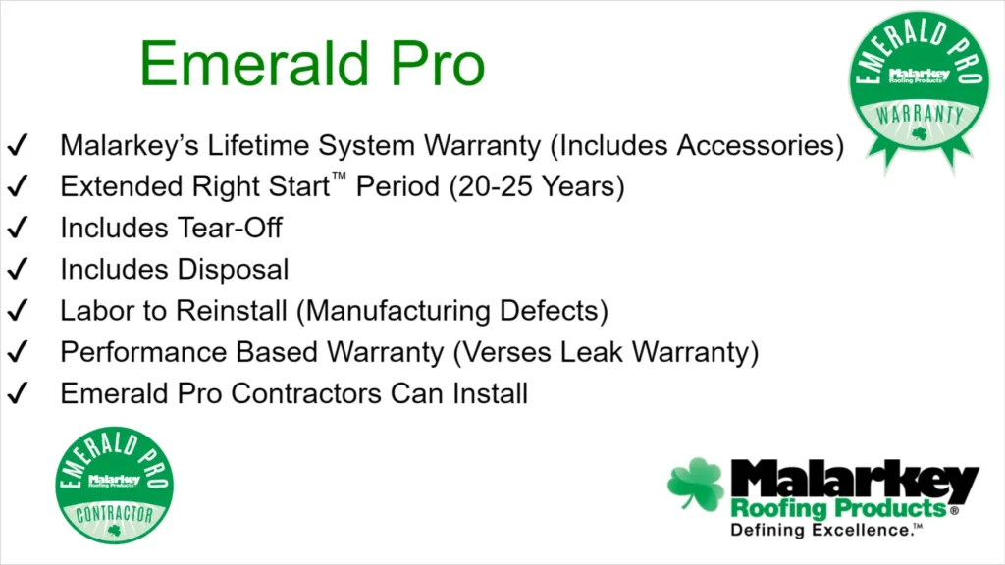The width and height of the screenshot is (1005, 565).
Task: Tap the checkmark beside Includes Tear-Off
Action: [x=18, y=230]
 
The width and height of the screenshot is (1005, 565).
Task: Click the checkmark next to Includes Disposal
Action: [x=18, y=270]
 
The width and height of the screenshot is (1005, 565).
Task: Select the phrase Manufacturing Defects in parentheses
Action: [x=451, y=312]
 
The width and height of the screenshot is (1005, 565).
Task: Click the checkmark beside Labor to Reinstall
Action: [x=18, y=312]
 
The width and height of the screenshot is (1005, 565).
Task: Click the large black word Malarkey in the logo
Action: [x=854, y=481]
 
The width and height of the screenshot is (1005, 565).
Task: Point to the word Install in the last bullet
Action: [x=490, y=394]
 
